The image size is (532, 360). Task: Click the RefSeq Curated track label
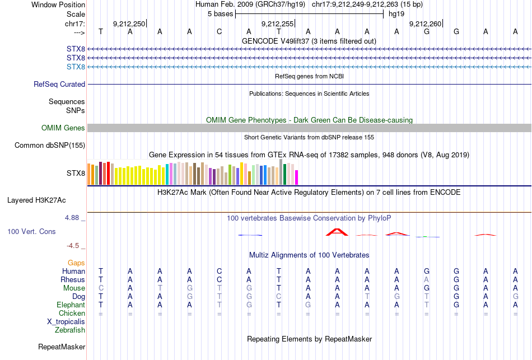pos(59,84)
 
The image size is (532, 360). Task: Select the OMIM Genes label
pos(63,128)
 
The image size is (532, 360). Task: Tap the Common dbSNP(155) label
pos(50,146)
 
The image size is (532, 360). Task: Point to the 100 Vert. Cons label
pos(31,231)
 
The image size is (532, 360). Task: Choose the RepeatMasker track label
pos(62,347)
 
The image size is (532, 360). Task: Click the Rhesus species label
pos(73,279)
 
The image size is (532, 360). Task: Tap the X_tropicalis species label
pos(66,321)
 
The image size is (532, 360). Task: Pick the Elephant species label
pos(71,305)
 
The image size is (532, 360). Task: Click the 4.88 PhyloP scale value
pos(73,217)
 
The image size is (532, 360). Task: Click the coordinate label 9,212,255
pos(277,24)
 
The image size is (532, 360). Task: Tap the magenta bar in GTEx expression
pos(297,177)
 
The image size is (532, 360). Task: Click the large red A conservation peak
pos(338,231)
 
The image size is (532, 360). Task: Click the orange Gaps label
pos(76,263)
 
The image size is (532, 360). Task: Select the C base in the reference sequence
pos(220,31)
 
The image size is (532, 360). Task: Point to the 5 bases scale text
pos(220,13)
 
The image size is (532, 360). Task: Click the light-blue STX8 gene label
pos(76,67)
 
